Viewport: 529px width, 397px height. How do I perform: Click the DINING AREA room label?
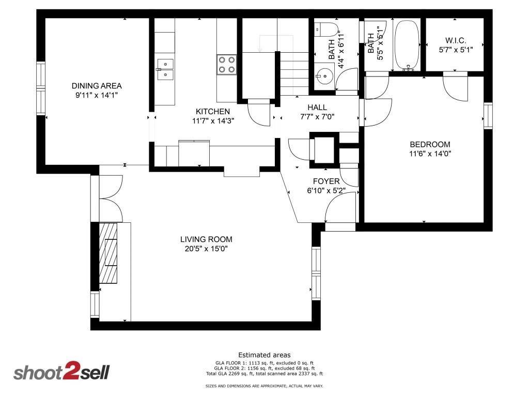click(x=97, y=86)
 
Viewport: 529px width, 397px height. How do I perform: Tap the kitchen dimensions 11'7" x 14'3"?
click(x=213, y=121)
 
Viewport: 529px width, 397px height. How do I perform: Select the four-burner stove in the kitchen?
click(x=226, y=65)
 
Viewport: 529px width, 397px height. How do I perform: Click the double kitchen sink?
click(x=165, y=69)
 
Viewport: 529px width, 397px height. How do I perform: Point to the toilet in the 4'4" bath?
click(x=326, y=29)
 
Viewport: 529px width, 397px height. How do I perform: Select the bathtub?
click(x=407, y=45)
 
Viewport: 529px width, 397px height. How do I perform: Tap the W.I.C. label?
click(x=456, y=40)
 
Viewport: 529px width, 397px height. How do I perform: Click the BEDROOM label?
click(x=430, y=145)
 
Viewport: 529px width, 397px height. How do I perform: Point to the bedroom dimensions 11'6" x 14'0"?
click(x=430, y=154)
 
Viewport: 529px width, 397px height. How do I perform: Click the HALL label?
click(x=317, y=108)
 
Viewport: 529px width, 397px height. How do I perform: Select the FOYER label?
click(x=326, y=181)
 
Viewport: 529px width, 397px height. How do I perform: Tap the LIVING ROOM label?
click(x=206, y=239)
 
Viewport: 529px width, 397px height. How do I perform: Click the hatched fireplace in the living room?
click(x=108, y=253)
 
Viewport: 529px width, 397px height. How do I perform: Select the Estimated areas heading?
click(x=264, y=355)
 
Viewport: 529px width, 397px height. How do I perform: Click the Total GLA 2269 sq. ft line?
click(x=264, y=374)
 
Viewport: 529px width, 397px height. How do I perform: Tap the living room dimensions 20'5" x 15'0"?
click(x=206, y=249)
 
